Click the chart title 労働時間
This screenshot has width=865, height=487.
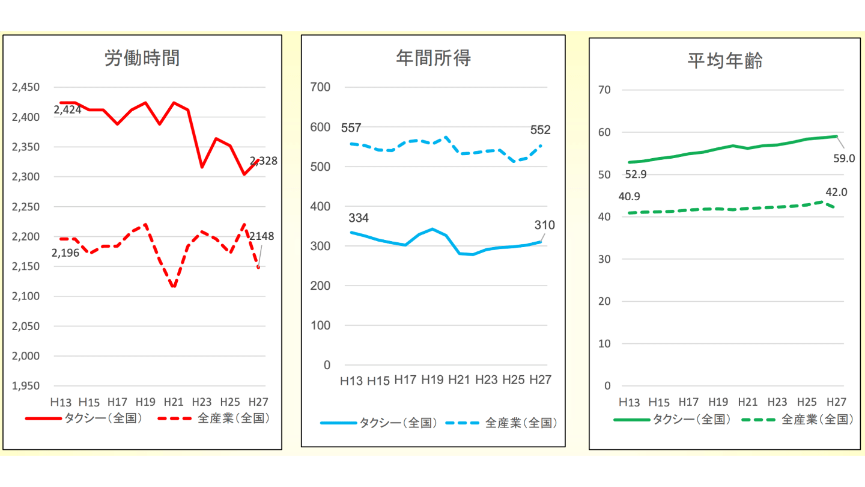142,58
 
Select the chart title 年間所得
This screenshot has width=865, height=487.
433,58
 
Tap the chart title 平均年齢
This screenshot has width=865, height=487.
725,61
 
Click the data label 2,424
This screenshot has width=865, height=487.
67,110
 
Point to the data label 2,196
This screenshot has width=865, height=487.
66,253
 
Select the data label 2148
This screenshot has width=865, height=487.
261,236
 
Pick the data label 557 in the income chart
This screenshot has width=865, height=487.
351,128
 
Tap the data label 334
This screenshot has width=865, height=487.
359,218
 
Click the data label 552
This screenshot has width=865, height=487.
540,130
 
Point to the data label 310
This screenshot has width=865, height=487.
545,225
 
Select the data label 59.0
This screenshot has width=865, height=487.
843,159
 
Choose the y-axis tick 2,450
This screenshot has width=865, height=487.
26,87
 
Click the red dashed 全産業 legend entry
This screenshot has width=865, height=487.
213,418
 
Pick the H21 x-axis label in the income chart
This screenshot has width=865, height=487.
458,380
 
